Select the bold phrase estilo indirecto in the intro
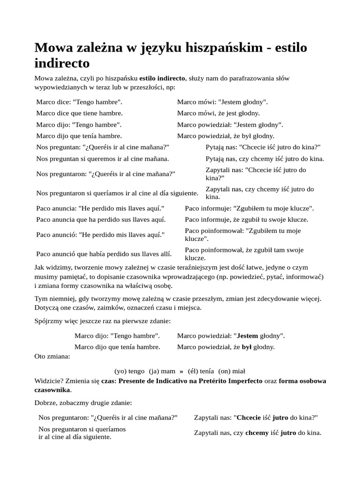(163, 78)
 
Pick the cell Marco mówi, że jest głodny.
(218, 113)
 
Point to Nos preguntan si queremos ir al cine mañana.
(102, 159)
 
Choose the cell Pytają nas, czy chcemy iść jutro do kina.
(265, 159)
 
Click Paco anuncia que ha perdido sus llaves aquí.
(101, 219)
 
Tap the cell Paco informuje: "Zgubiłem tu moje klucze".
(249, 208)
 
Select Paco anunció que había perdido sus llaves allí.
(104, 254)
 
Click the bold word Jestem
(247, 336)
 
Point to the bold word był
(247, 347)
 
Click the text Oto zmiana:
(52, 356)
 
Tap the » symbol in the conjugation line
(181, 371)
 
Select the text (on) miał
(232, 371)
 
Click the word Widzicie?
(50, 381)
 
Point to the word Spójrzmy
(50, 321)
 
